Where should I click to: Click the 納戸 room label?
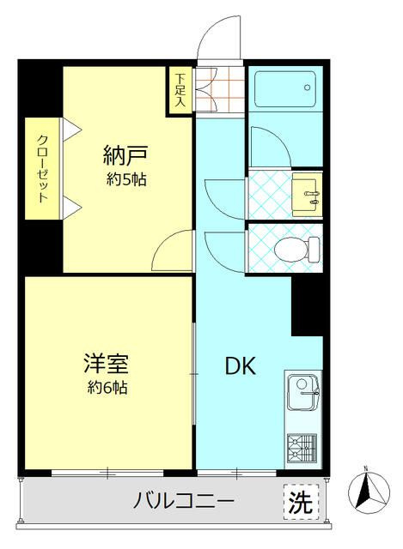125,156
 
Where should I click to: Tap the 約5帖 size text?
125,179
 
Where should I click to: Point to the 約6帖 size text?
107,388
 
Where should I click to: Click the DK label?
240,366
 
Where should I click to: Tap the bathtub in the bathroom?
284,87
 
